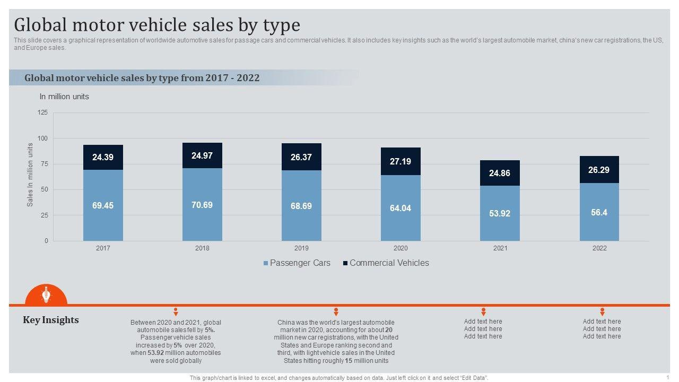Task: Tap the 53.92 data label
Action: coord(500,213)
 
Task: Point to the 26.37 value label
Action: coord(301,157)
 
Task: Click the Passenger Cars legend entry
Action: coord(297,263)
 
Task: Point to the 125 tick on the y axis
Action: coord(42,112)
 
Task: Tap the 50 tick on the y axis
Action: coord(44,189)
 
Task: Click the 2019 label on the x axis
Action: coord(301,248)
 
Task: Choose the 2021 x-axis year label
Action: coord(500,248)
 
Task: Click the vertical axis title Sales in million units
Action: coord(30,175)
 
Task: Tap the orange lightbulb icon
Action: coord(46,294)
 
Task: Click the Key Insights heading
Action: coord(51,320)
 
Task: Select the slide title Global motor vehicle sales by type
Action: coord(157,25)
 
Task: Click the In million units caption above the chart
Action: coord(64,97)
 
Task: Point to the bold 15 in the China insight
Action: coord(349,361)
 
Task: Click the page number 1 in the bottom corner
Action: coord(668,377)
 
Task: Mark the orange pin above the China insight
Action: coord(336,312)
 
